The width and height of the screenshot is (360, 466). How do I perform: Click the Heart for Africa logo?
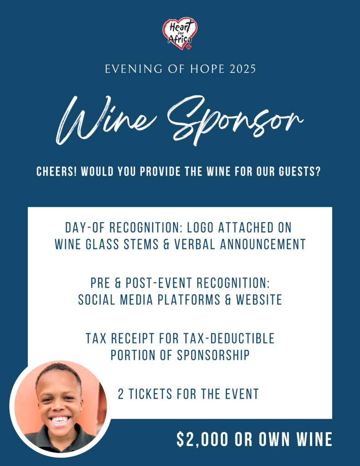pyautogui.click(x=180, y=33)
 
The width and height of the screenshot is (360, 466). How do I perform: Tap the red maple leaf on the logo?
pyautogui.click(x=189, y=47)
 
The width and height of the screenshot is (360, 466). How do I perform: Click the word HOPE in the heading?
pyautogui.click(x=207, y=69)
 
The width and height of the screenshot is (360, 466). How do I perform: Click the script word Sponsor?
pyautogui.click(x=235, y=120)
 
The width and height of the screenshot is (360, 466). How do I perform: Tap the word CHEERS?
pyautogui.click(x=56, y=172)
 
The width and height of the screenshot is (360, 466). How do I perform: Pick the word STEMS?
pyautogui.click(x=141, y=244)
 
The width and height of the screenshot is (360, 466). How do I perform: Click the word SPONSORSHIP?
pyautogui.click(x=213, y=355)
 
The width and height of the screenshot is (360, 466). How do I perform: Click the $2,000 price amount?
pyautogui.click(x=203, y=439)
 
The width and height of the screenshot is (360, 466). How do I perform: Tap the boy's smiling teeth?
pyautogui.click(x=60, y=420)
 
